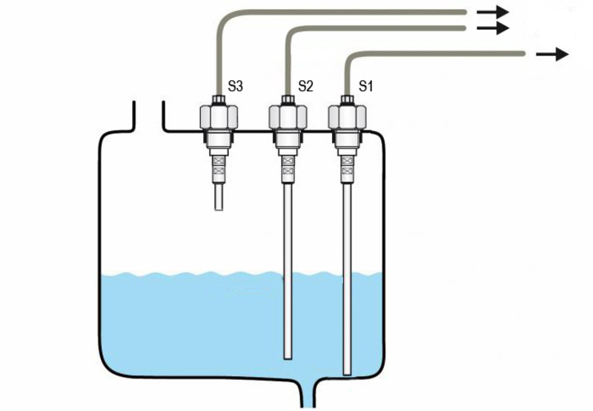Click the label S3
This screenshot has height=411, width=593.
click(x=236, y=86)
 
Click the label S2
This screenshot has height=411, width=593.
click(x=305, y=86)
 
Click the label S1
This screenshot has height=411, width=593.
click(x=365, y=86)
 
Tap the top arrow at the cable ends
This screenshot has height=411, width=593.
click(x=493, y=12)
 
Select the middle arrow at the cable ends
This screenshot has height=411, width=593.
click(x=493, y=28)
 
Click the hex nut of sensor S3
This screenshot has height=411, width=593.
click(x=218, y=116)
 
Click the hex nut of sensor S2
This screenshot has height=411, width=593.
click(x=286, y=116)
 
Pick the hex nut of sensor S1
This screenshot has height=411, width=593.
click(x=347, y=116)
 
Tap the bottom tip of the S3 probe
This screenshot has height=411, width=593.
click(x=218, y=209)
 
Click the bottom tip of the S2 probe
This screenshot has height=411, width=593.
click(x=287, y=358)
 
